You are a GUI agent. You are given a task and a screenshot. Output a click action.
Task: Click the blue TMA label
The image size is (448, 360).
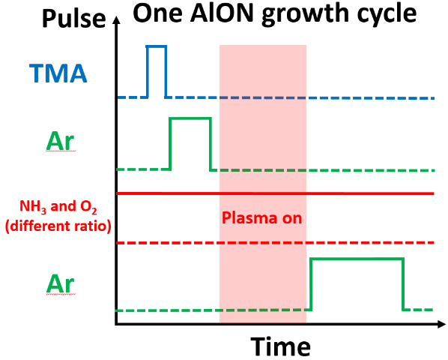(x=58, y=73)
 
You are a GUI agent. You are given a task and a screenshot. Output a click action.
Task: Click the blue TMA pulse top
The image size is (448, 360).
(x=156, y=46)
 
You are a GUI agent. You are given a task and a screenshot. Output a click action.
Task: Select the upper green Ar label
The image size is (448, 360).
(x=60, y=141)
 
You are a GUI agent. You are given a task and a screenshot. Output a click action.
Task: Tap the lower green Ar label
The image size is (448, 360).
(x=60, y=283)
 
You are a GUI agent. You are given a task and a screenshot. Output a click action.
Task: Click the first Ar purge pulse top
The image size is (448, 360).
(x=190, y=118)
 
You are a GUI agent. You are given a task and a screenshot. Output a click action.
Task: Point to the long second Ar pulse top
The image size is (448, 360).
(x=357, y=259)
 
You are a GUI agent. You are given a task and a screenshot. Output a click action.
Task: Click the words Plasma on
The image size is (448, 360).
(x=261, y=218)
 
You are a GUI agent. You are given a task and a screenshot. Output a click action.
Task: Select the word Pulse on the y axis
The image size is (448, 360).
(x=74, y=18)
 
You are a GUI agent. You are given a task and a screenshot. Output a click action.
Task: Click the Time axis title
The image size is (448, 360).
(x=281, y=346)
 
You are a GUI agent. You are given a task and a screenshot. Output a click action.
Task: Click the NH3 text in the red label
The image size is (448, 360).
(x=32, y=206)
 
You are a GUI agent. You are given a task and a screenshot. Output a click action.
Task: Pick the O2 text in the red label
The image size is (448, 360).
(x=88, y=206)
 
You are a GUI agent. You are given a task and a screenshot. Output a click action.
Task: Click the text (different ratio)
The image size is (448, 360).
(x=58, y=226)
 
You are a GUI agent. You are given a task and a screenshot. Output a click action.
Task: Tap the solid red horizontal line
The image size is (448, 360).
(x=276, y=193)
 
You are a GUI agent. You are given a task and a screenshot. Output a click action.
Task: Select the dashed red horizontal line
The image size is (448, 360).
(x=276, y=243)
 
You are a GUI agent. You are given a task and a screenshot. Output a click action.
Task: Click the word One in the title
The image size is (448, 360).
(x=158, y=13)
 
